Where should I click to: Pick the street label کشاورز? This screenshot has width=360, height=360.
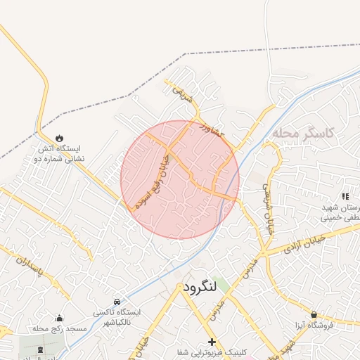point(212,130)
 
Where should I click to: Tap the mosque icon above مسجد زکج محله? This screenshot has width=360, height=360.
point(59,317)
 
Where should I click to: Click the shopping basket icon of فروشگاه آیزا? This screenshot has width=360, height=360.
point(313,314)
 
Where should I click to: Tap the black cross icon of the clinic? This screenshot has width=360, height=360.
point(212,341)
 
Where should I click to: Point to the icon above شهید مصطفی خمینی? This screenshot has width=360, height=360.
point(345,196)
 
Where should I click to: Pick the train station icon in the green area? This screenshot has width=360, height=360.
point(39,349)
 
